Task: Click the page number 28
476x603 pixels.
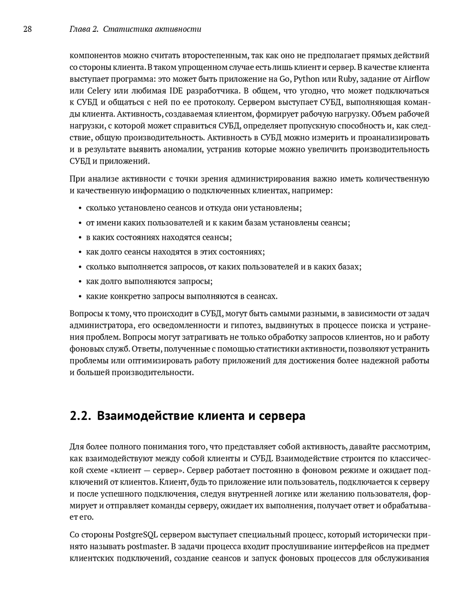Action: (x=27, y=29)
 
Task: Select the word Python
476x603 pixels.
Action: (x=307, y=79)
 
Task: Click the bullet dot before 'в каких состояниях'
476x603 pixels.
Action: (x=79, y=238)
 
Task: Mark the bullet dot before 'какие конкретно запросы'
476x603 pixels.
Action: (x=79, y=297)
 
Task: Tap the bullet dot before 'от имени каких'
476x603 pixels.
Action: (x=79, y=223)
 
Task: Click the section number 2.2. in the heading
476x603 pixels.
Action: (x=79, y=416)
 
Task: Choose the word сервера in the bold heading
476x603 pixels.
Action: (x=281, y=416)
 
